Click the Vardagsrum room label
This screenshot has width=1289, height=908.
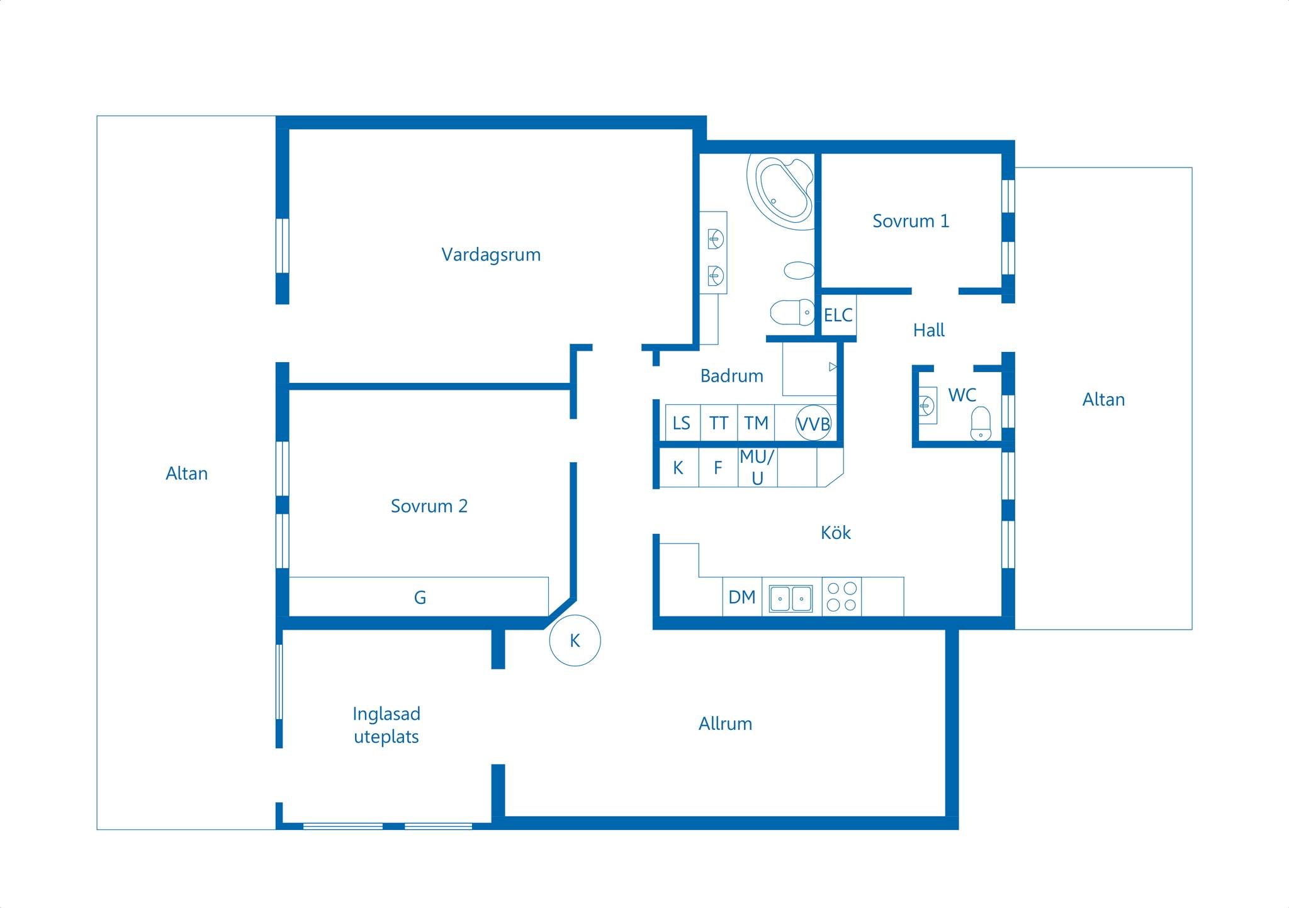click(x=491, y=255)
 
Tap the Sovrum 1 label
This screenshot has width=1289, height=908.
click(x=911, y=221)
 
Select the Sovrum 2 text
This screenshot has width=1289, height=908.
click(x=429, y=506)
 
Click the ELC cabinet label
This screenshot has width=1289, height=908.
click(x=838, y=315)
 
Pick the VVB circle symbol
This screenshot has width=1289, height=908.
click(x=813, y=423)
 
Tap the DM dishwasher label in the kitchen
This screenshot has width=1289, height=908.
click(x=741, y=597)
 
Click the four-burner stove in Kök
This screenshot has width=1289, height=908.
click(x=842, y=596)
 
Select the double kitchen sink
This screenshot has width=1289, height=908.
click(x=791, y=599)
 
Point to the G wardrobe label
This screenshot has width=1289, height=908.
click(x=420, y=598)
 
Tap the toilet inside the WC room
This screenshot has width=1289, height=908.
click(x=981, y=424)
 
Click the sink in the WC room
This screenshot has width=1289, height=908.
click(x=927, y=405)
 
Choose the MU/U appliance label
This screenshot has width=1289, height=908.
click(x=757, y=467)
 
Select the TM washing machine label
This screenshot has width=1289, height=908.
click(x=756, y=423)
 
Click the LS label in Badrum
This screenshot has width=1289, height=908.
click(x=682, y=423)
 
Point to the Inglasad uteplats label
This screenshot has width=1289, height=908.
click(x=386, y=725)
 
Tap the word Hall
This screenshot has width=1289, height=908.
click(x=929, y=330)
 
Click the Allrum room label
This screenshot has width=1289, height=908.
click(x=725, y=724)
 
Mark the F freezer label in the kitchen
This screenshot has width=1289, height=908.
click(x=718, y=468)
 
